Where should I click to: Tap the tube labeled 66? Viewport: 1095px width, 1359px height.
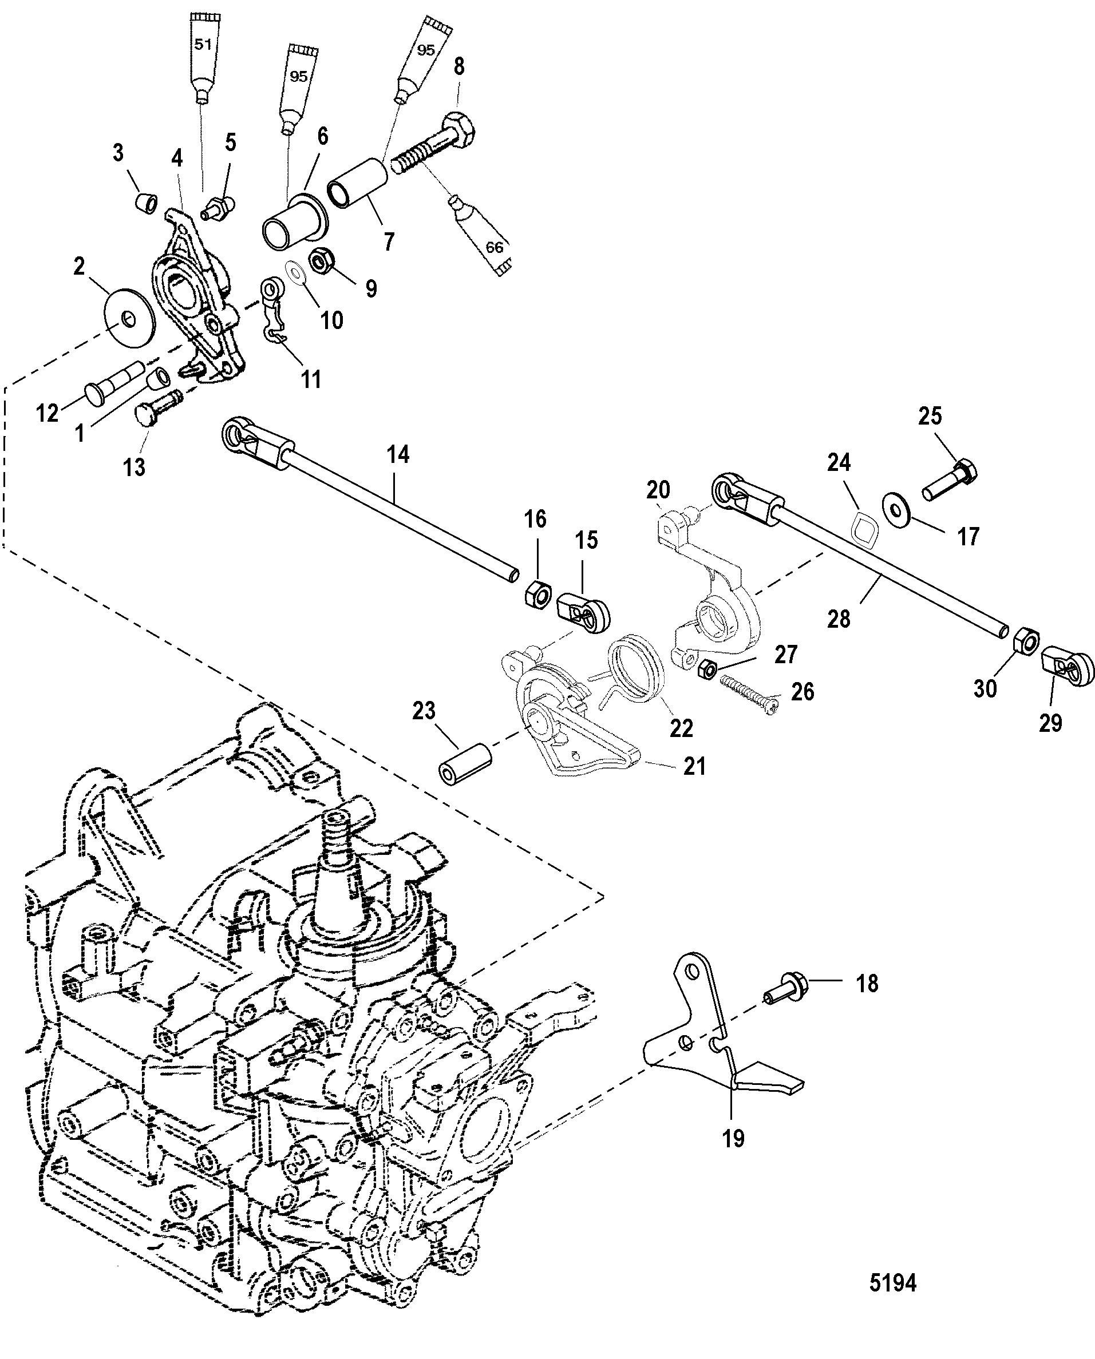(483, 236)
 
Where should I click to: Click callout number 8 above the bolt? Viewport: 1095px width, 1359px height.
(459, 66)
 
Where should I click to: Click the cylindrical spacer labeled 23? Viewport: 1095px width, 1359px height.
(465, 764)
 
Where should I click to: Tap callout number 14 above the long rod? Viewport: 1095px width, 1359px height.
(397, 455)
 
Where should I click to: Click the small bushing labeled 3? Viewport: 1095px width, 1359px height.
(147, 204)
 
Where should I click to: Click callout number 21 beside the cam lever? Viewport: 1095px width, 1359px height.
(694, 766)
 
